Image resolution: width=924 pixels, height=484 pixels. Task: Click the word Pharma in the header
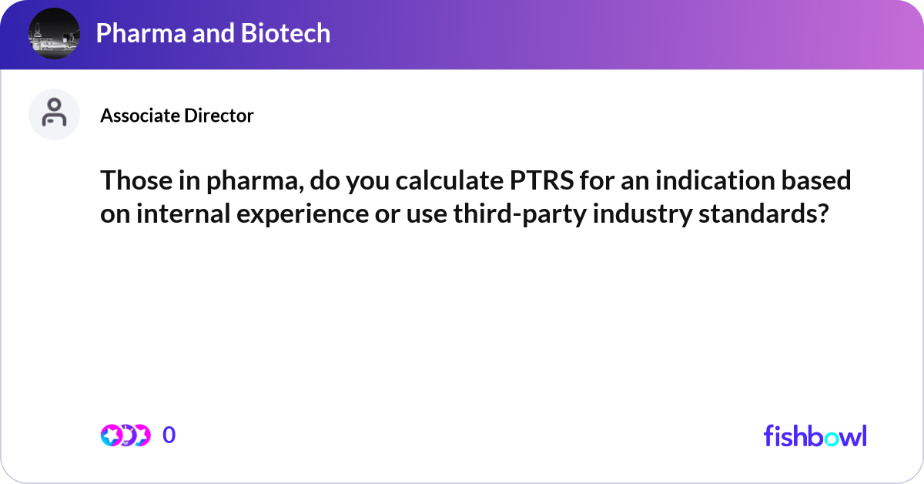click(x=136, y=33)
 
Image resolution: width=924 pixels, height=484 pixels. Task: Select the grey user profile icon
click(x=54, y=114)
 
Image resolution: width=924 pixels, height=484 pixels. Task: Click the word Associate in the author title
click(x=139, y=116)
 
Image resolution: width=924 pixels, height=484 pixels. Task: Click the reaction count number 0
click(x=169, y=435)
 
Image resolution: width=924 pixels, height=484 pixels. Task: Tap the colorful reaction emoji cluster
click(x=125, y=435)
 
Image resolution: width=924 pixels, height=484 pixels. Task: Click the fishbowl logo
click(x=815, y=435)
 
